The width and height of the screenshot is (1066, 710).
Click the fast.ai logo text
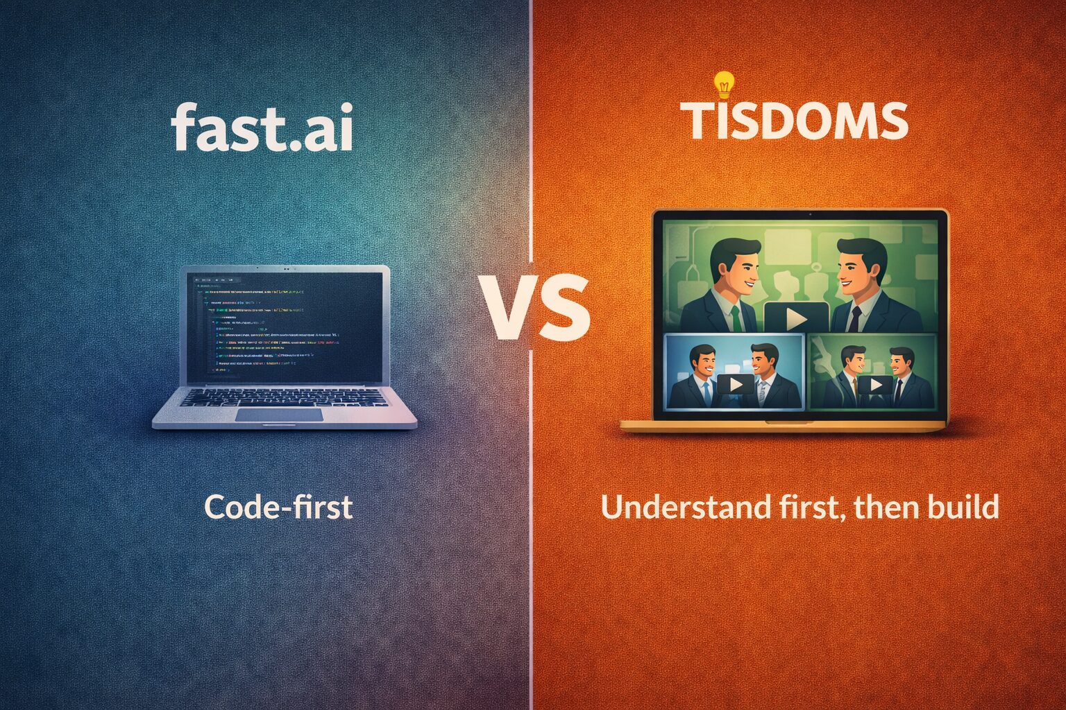[262, 127]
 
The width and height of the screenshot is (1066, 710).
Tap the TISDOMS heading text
[795, 121]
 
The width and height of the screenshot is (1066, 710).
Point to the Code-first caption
[278, 508]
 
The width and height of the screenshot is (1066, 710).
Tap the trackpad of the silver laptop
[279, 415]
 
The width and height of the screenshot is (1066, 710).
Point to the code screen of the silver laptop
[285, 326]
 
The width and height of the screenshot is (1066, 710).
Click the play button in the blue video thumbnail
[735, 383]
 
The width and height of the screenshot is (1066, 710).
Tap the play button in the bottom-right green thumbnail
[875, 384]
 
